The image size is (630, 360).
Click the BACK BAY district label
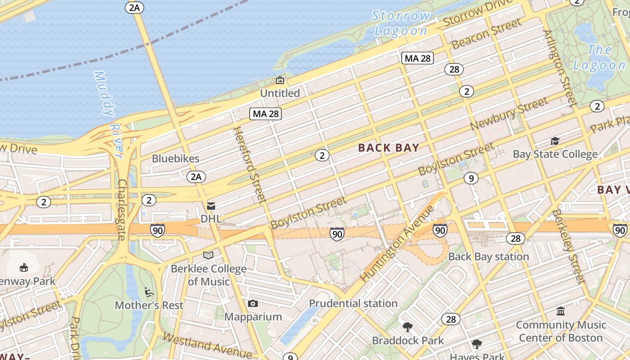pyautogui.click(x=389, y=148)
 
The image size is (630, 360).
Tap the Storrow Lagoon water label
pyautogui.click(x=400, y=23)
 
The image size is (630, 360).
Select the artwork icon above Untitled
pyautogui.click(x=280, y=81)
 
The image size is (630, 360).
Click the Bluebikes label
pyautogui.click(x=175, y=158)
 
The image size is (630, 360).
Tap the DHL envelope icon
pyautogui.click(x=211, y=206)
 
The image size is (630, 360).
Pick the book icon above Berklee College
pyautogui.click(x=208, y=256)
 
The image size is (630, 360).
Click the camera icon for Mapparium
pyautogui.click(x=253, y=304)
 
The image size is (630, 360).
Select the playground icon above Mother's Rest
pyautogui.click(x=148, y=292)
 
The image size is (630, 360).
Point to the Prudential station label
pyautogui.click(x=353, y=304)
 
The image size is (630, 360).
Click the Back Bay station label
pyautogui.click(x=489, y=257)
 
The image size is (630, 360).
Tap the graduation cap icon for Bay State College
pyautogui.click(x=555, y=141)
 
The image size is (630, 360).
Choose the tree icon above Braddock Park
pyautogui.click(x=408, y=327)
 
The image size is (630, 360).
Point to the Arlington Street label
pyautogui.click(x=560, y=67)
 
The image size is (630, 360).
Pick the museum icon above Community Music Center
pyautogui.click(x=561, y=311)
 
